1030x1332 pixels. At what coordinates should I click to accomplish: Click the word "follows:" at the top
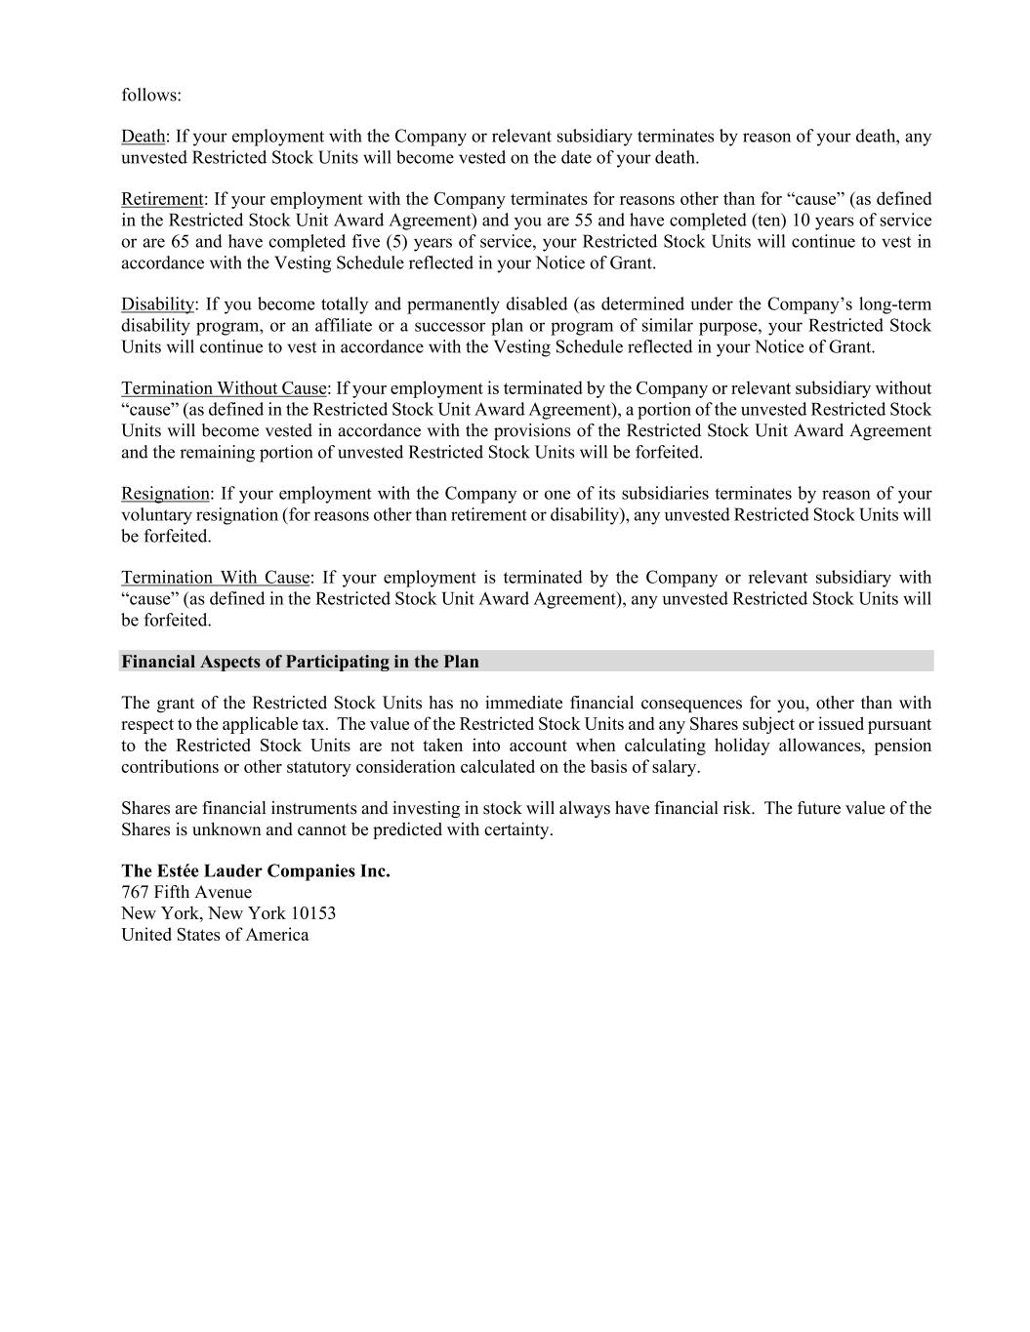point(151,96)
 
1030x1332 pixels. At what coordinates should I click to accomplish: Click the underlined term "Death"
point(143,137)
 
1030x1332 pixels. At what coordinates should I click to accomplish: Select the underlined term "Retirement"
point(162,200)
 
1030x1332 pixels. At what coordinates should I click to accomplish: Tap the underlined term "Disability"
point(157,304)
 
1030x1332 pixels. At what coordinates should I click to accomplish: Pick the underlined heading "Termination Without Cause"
point(224,388)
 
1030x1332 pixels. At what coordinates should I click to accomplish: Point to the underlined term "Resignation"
point(165,494)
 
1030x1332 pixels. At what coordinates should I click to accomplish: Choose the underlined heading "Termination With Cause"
point(215,578)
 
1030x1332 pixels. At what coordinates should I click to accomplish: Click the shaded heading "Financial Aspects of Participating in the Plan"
point(300,662)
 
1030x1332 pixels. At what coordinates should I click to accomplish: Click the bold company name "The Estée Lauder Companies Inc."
point(256,871)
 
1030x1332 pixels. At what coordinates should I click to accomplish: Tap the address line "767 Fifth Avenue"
point(186,893)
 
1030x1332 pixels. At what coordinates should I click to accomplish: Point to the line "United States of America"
point(215,936)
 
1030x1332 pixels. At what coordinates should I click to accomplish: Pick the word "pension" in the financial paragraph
point(902,747)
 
